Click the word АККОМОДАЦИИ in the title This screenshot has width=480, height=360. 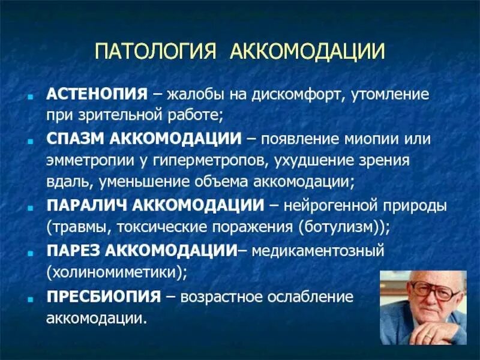[307, 50]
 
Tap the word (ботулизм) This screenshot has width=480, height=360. [349, 227]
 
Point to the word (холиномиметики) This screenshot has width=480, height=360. [118, 272]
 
